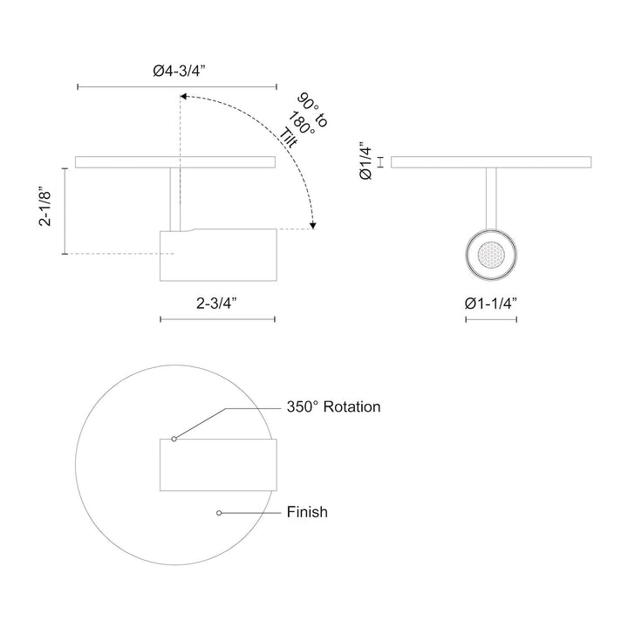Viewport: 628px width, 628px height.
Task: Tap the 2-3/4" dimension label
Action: coord(217,303)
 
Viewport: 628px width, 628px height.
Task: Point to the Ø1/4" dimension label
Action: coord(366,160)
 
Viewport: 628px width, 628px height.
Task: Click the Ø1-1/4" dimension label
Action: coord(491,303)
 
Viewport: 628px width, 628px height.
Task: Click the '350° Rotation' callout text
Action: coord(334,406)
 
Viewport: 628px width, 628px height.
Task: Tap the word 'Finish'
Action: coord(307,512)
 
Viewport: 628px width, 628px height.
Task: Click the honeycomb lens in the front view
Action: coord(491,256)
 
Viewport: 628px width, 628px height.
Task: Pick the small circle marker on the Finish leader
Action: coord(218,512)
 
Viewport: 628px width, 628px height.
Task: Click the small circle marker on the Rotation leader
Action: coord(174,439)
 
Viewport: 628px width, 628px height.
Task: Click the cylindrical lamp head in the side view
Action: coord(218,256)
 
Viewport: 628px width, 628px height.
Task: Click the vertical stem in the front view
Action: coord(491,197)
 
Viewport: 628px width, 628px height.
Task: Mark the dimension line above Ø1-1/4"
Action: coord(491,319)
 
